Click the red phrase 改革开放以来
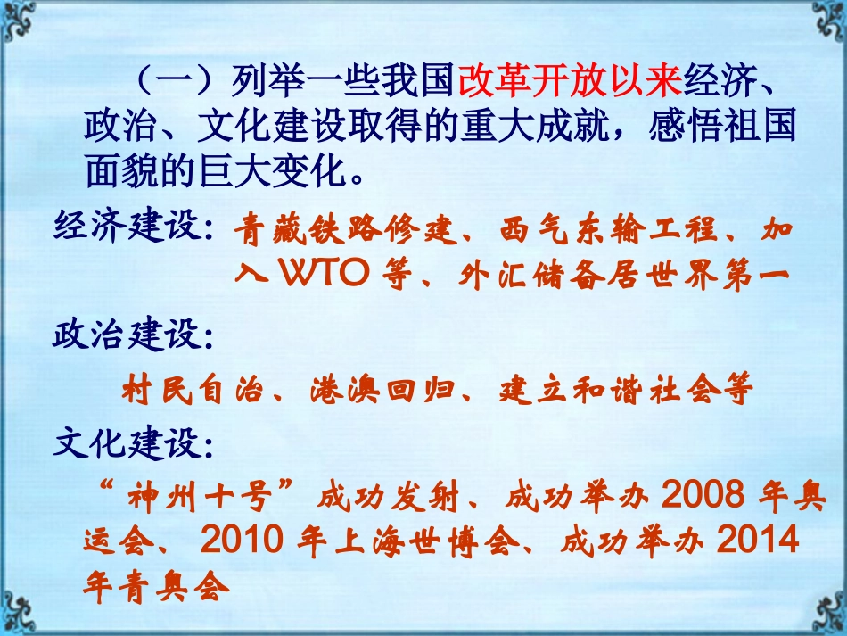571,83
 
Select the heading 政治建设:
134,336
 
